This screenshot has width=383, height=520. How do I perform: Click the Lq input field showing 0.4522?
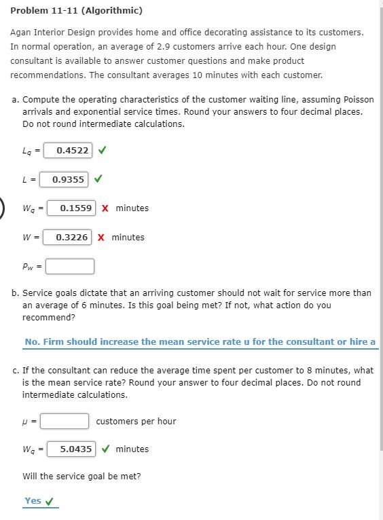click(72, 150)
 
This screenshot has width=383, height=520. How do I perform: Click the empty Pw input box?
click(70, 266)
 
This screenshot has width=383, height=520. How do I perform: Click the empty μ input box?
click(65, 422)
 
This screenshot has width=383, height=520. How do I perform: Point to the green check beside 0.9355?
click(98, 179)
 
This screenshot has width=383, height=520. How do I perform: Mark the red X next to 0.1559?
click(105, 208)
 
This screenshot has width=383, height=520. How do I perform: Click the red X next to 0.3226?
click(101, 238)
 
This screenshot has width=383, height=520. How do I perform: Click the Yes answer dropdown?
click(40, 502)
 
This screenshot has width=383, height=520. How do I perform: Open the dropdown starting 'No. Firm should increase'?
click(200, 342)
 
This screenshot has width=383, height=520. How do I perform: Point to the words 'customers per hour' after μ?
click(136, 422)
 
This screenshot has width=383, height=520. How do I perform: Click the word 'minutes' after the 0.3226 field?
click(128, 238)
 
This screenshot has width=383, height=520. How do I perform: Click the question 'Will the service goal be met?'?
click(81, 477)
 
